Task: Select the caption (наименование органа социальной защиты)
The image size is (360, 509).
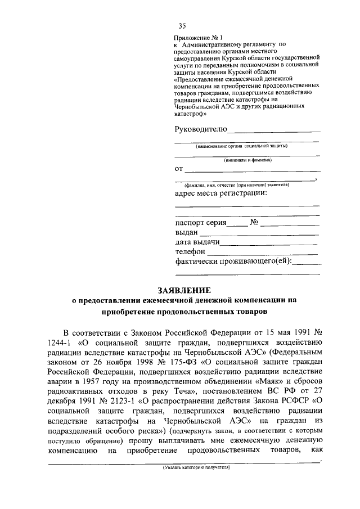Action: point(241,146)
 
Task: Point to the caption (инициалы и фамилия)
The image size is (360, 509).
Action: point(247,160)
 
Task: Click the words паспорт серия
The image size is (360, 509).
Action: point(201,222)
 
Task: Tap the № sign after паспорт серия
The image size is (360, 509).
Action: point(253,222)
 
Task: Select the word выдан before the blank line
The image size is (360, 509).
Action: point(186,232)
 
